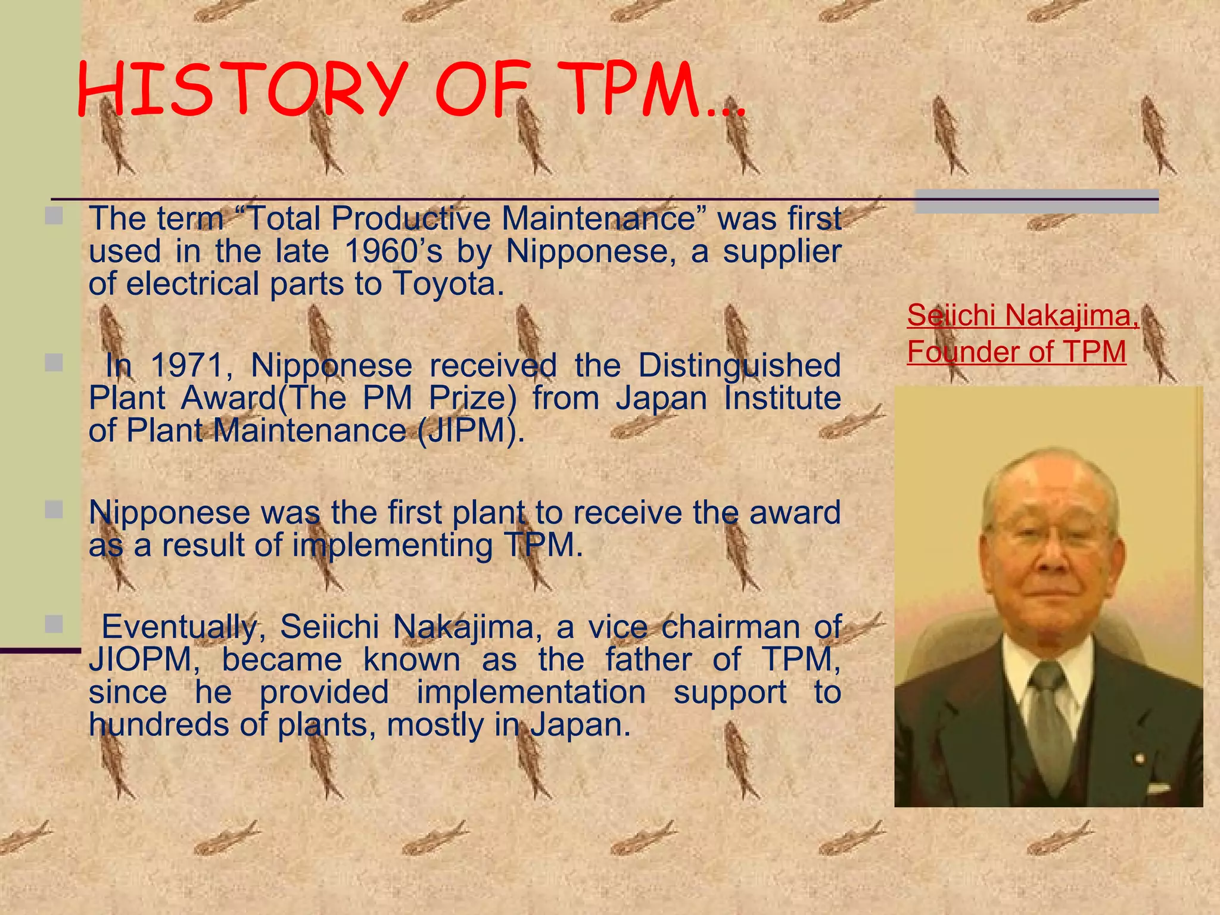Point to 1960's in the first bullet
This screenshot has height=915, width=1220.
click(393, 251)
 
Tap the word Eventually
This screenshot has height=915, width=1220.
click(179, 627)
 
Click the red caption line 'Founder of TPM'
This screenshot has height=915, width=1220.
click(1016, 351)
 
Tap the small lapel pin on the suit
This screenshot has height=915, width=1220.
click(1140, 758)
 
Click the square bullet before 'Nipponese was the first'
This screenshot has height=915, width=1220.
click(54, 510)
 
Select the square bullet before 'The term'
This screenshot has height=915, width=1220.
click(54, 216)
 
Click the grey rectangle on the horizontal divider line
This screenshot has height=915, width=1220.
click(1037, 201)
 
